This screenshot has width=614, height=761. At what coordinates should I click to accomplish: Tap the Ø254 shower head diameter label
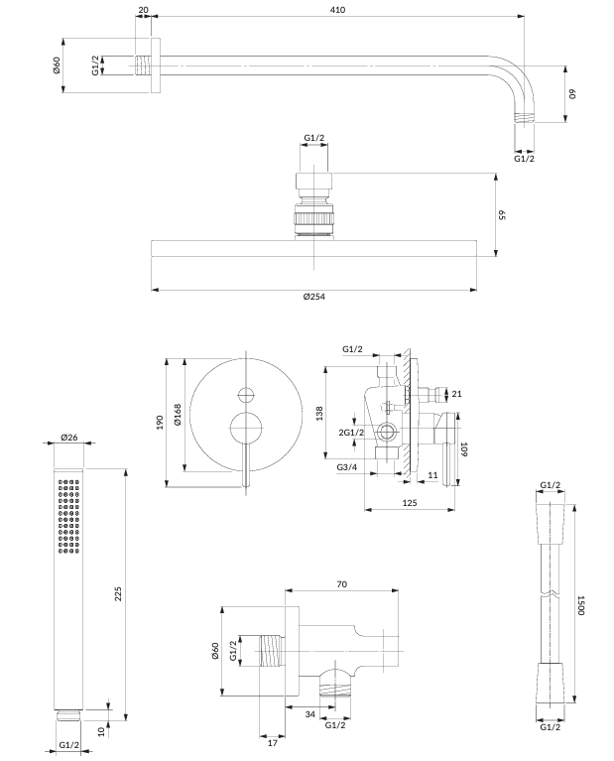tap(313, 298)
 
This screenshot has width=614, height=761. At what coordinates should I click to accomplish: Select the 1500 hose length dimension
tap(584, 605)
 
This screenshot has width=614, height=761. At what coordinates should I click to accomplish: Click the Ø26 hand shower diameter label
tap(68, 437)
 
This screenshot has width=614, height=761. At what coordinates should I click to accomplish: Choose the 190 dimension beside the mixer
tap(160, 422)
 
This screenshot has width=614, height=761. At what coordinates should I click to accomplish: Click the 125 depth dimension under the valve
tap(410, 503)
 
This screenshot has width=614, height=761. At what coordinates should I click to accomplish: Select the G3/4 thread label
tap(347, 467)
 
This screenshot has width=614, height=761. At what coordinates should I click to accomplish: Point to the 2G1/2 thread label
tap(351, 433)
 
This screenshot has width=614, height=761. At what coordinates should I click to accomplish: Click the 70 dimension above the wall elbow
tap(341, 585)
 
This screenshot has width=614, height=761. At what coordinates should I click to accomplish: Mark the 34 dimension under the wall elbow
tap(309, 714)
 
